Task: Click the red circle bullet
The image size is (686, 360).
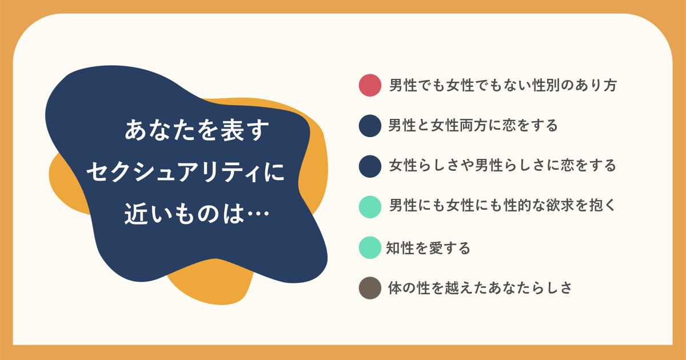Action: [x=370, y=85]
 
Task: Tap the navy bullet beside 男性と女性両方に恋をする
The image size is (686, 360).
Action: [x=370, y=126]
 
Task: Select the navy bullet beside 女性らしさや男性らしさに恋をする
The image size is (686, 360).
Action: [x=370, y=166]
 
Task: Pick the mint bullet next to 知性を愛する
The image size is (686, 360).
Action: [x=370, y=247]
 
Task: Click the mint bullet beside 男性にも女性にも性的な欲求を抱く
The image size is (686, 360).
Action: [x=370, y=207]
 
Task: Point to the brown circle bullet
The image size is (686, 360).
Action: [x=370, y=288]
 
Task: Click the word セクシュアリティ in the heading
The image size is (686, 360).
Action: [x=175, y=172]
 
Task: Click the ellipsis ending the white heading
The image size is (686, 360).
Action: [x=258, y=213]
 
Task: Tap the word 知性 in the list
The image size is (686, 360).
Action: [x=400, y=248]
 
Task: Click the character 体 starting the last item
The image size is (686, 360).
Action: [x=395, y=288]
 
